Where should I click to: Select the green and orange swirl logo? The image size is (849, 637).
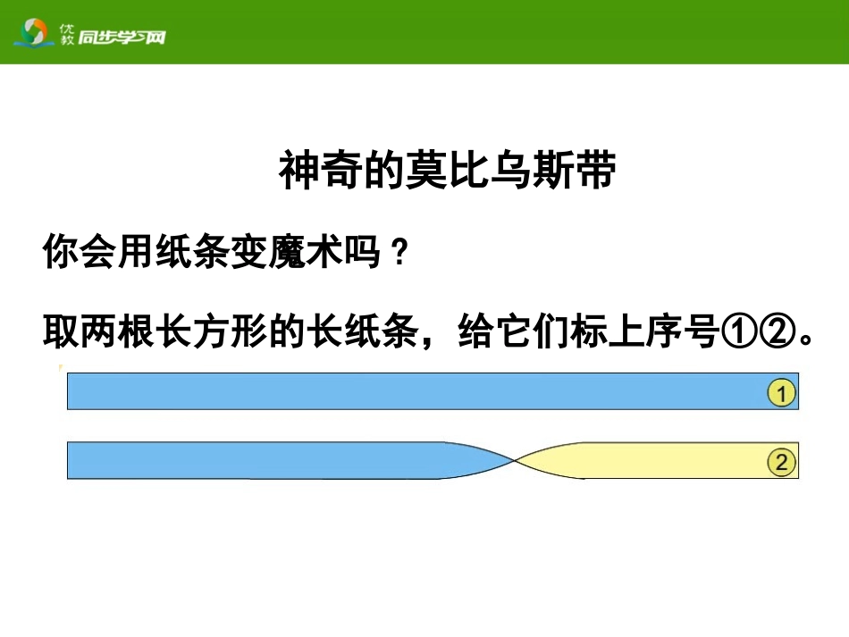point(35,34)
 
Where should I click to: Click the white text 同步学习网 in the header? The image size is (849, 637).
point(122,37)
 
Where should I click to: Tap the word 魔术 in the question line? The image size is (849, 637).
point(313,255)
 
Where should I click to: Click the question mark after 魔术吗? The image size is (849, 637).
point(399,256)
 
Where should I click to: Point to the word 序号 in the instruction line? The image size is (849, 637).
point(680,333)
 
